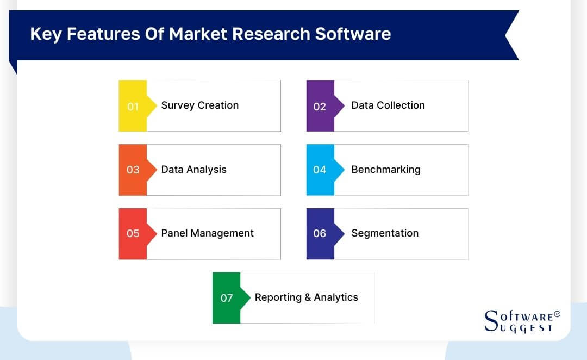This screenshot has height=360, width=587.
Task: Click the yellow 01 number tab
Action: [x=133, y=106]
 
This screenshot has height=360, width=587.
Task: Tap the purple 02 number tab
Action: [x=320, y=106]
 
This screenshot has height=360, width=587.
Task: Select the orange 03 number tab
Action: [x=133, y=170]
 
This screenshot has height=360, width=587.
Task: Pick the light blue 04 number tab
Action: [x=320, y=170]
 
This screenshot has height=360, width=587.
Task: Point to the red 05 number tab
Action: [x=133, y=233]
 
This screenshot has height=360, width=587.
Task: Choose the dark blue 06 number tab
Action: [x=320, y=233]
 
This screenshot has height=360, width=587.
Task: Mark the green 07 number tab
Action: [x=227, y=297]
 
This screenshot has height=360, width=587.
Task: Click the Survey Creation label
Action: [x=200, y=105]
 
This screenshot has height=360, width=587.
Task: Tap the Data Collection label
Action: [x=388, y=105]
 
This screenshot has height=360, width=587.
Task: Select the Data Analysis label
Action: [x=194, y=169]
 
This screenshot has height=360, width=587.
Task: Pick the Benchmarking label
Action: [x=386, y=169]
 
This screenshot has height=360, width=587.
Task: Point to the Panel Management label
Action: [x=208, y=233]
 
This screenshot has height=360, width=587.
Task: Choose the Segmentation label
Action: [x=385, y=233]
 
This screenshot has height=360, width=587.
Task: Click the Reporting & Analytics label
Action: [x=307, y=297]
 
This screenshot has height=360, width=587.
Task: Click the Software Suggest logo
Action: [x=520, y=321]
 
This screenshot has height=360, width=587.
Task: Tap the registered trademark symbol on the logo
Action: [x=557, y=314]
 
